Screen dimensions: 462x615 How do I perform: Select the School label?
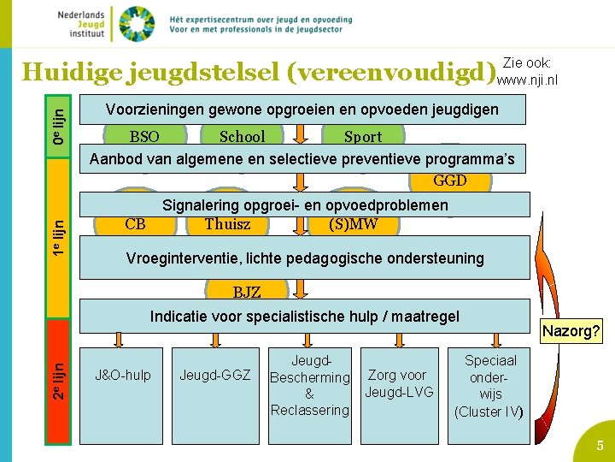click(x=242, y=136)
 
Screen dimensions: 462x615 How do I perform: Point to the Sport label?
click(x=363, y=136)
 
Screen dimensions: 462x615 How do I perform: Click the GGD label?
click(x=450, y=181)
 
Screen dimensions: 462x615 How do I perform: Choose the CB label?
click(x=135, y=225)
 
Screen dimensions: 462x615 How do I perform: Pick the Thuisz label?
click(x=227, y=225)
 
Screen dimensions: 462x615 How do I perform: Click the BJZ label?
click(x=247, y=293)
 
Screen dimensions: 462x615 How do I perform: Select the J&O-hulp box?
click(x=123, y=375)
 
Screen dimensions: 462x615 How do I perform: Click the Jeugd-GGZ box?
click(x=214, y=375)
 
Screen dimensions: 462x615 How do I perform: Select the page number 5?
click(x=600, y=446)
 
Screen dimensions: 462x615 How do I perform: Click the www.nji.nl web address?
click(x=527, y=80)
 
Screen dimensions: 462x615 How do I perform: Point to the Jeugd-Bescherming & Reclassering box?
click(x=309, y=386)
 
